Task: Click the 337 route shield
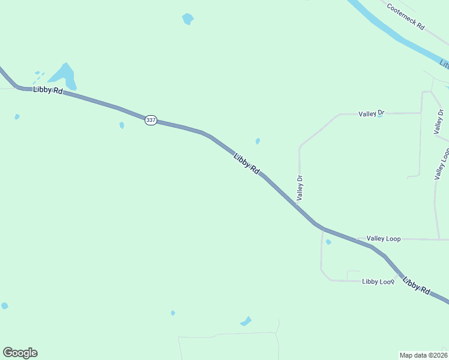coord(151,120)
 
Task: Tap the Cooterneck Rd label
coord(405,17)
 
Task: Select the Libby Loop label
coord(378,281)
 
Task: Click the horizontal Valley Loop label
coord(384,239)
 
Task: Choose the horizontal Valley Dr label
coord(371,113)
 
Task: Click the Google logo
coord(20,353)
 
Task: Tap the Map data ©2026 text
coord(423,355)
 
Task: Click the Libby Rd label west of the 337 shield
coord(48,89)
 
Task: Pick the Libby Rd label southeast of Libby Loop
coord(416,285)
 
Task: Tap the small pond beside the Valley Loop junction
coord(328,242)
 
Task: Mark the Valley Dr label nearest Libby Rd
coord(300,187)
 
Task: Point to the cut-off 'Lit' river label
coord(444,63)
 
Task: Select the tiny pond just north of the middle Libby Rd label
coord(258,142)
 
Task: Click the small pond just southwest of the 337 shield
coord(122,125)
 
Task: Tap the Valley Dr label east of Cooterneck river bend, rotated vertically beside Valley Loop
coord(441,121)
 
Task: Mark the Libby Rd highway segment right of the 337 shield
coord(180,127)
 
